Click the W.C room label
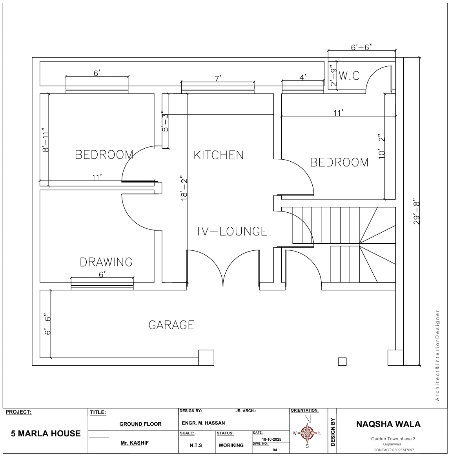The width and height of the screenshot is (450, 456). (349, 76)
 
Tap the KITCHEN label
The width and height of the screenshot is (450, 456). (219, 155)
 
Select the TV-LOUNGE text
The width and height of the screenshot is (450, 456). (231, 231)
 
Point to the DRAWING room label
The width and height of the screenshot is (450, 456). (106, 262)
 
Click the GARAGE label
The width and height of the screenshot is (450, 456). (171, 325)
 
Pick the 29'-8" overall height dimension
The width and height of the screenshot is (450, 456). (417, 212)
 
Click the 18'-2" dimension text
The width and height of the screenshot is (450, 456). (184, 188)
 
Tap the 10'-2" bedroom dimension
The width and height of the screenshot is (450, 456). (381, 146)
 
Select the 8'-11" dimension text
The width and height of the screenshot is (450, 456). (46, 140)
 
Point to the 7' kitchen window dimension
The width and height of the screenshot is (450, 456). (218, 78)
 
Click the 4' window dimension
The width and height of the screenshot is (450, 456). (303, 77)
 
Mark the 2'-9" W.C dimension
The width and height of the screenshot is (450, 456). (333, 75)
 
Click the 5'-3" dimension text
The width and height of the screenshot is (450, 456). (165, 121)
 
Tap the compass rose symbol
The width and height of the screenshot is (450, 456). (307, 432)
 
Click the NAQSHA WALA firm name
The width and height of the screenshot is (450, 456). (388, 424)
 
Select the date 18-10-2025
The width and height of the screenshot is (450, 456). (271, 440)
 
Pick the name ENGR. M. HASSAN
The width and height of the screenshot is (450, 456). (203, 423)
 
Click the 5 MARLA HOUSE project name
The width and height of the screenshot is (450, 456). (46, 433)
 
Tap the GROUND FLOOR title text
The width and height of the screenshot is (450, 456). (140, 424)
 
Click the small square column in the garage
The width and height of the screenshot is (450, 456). (342, 361)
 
